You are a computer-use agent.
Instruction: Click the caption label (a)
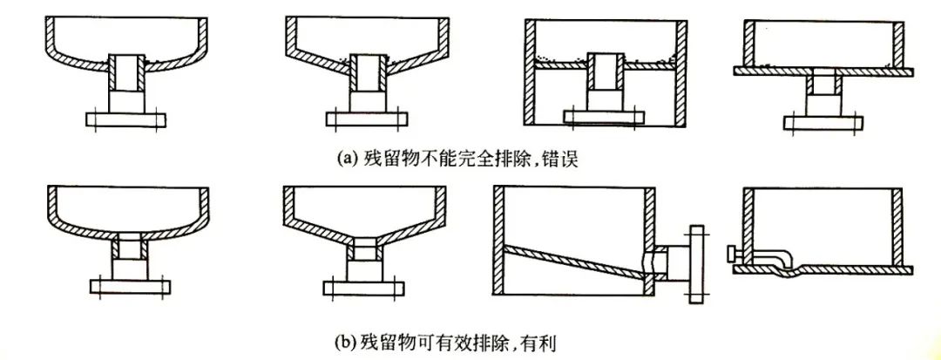point(346,159)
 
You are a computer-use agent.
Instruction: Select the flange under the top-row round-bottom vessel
point(127,118)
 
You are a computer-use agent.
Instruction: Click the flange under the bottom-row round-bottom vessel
point(127,286)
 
